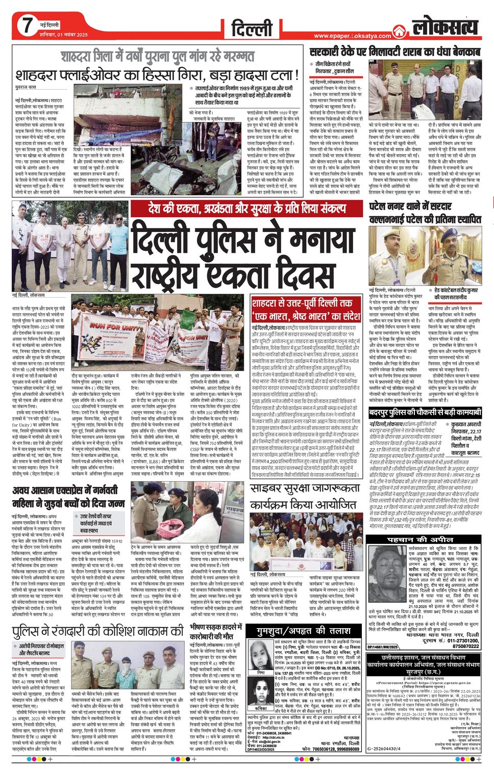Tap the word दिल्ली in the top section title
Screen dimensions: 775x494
252,29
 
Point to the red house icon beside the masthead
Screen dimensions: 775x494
399,31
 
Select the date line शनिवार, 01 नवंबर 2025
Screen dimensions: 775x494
64,35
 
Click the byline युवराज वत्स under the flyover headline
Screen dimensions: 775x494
26,87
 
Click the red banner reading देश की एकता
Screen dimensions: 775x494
238,208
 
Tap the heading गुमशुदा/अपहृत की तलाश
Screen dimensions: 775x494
304,631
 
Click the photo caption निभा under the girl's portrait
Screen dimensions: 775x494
261,673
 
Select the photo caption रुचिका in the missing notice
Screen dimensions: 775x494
261,708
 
